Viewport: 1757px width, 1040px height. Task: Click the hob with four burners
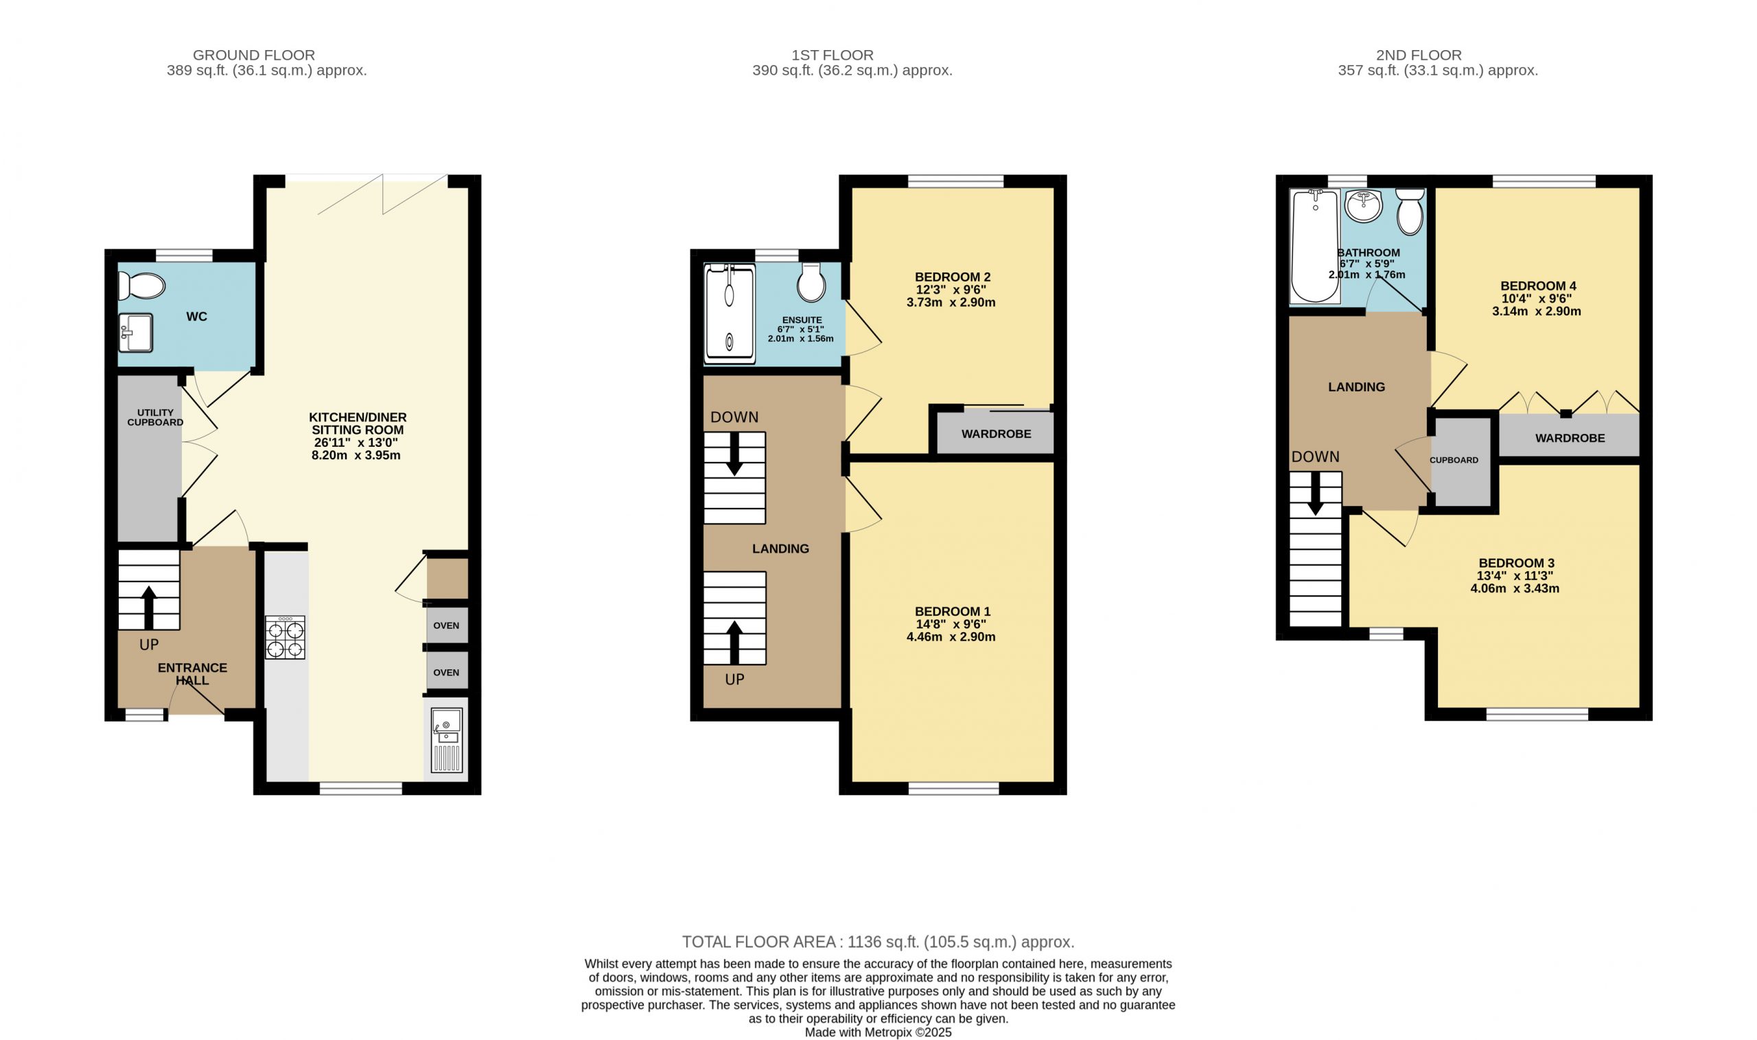pyautogui.click(x=285, y=637)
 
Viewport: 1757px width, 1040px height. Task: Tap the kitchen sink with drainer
pyautogui.click(x=446, y=740)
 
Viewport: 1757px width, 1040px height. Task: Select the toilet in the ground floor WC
pyautogui.click(x=141, y=286)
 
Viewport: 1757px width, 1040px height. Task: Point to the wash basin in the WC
pyautogui.click(x=135, y=333)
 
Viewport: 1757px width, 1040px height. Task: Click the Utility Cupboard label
pyautogui.click(x=155, y=417)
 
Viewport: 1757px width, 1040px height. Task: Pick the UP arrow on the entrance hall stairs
pyautogui.click(x=148, y=607)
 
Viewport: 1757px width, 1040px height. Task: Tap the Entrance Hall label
pyautogui.click(x=192, y=674)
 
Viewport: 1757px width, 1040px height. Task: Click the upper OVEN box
pyautogui.click(x=447, y=626)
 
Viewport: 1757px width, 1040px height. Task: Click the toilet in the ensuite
pyautogui.click(x=811, y=283)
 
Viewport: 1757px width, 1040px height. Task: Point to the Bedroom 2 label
pyautogui.click(x=952, y=277)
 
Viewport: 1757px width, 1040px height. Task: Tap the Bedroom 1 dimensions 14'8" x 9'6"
pyautogui.click(x=951, y=624)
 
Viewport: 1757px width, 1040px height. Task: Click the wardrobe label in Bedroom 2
pyautogui.click(x=995, y=434)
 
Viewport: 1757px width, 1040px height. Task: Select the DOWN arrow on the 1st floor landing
pyautogui.click(x=734, y=454)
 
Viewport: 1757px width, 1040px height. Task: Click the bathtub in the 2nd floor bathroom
pyautogui.click(x=1315, y=246)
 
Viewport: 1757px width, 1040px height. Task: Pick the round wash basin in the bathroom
pyautogui.click(x=1363, y=206)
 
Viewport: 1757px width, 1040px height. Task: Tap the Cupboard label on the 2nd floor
pyautogui.click(x=1454, y=461)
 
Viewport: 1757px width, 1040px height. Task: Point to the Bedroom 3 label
pyautogui.click(x=1516, y=563)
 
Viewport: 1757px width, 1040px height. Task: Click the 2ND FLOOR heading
pyautogui.click(x=1418, y=55)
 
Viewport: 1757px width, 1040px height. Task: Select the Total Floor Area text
pyautogui.click(x=878, y=941)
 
